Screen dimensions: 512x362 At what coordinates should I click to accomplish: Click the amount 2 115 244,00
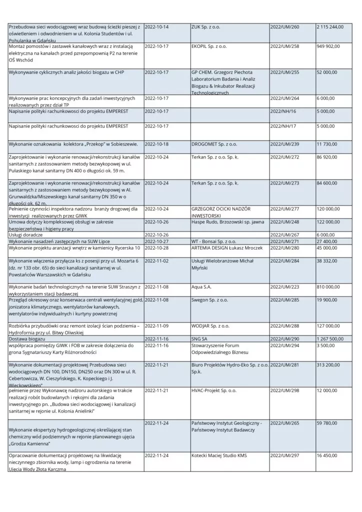[330, 26]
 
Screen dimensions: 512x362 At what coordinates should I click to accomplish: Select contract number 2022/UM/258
[284, 46]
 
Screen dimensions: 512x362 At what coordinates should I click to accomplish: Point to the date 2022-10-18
[156, 144]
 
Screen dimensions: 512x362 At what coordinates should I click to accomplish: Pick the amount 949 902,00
[328, 46]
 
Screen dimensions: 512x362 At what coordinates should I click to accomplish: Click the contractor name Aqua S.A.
[201, 287]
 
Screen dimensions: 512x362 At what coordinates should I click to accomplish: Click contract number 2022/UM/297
[284, 456]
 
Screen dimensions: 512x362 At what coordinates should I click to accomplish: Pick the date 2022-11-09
[156, 326]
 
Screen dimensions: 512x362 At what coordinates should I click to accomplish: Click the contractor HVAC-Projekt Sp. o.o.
[214, 390]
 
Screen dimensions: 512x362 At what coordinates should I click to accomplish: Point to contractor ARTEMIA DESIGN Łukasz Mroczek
[226, 247]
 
